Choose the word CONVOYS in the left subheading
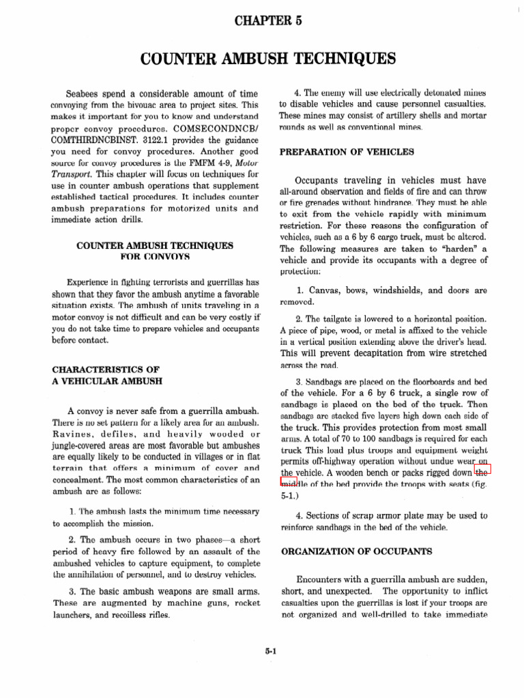coord(166,258)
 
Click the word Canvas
coord(321,290)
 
